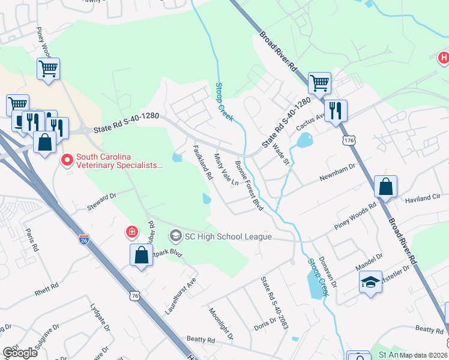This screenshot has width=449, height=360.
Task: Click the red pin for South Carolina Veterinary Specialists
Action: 67,161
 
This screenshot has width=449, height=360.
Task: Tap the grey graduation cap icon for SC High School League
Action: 175,234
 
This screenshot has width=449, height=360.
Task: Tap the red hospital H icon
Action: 443,58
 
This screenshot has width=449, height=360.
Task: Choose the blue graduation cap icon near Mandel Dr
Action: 370,281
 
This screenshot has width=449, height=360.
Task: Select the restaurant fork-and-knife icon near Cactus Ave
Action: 336,110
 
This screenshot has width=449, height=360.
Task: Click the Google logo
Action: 20,352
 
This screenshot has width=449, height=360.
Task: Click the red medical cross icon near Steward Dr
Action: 131,232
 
